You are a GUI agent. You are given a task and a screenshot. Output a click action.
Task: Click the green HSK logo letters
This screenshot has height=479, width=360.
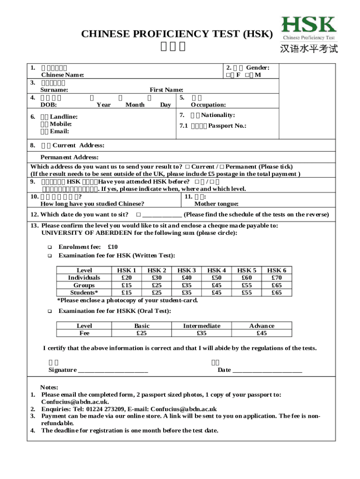tap(309, 25)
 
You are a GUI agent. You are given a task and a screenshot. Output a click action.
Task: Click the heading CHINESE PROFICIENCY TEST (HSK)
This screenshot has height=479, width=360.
tap(177, 34)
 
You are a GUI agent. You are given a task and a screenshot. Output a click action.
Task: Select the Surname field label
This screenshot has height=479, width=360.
tap(54, 90)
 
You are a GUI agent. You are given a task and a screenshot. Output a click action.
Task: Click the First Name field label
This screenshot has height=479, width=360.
tap(166, 90)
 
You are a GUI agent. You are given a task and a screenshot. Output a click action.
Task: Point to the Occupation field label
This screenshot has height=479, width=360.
tap(208, 105)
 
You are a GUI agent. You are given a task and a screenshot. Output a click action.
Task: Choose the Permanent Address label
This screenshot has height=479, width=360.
tap(69, 157)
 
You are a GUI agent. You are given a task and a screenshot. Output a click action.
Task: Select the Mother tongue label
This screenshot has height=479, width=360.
tap(216, 203)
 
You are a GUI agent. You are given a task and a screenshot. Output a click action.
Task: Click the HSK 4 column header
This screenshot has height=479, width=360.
tap(216, 270)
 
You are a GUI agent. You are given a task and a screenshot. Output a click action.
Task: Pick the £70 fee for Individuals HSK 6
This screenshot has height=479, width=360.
tap(277, 278)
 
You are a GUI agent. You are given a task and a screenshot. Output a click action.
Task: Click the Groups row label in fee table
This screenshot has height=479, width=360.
tap(84, 285)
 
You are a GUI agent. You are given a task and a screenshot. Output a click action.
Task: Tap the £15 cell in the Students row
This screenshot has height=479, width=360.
tap(126, 293)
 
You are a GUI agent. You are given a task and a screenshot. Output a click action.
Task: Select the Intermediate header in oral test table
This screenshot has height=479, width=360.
tap(202, 326)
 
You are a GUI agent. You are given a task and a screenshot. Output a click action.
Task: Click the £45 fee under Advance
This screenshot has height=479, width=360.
tap(262, 333)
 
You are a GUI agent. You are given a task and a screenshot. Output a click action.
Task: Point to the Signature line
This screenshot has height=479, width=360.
tap(113, 370)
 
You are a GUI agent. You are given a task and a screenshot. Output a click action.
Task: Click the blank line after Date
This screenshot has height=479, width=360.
tap(267, 370)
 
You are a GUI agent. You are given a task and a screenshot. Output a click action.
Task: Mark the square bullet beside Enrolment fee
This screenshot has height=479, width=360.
tap(49, 247)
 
